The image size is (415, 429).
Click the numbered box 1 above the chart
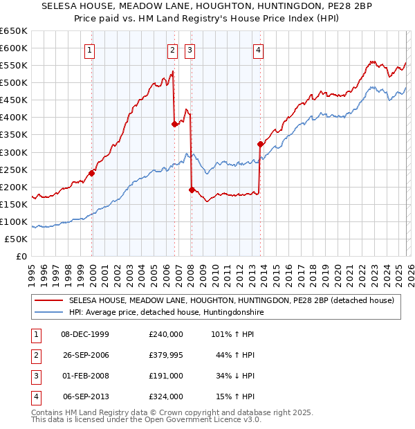click(91, 49)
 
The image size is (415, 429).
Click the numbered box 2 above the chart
click(171, 49)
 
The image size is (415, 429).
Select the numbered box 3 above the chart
click(189, 49)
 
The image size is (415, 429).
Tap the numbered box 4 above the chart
click(257, 49)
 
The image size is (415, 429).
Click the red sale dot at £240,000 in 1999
click(92, 173)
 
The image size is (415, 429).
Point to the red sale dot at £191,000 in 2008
click(191, 190)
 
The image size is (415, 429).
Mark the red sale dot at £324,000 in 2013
click(260, 144)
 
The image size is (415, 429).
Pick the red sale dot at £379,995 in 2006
click(174, 124)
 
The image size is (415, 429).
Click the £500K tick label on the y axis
click(15, 83)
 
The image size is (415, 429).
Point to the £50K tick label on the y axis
click(17, 239)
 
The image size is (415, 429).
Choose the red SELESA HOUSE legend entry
click(231, 301)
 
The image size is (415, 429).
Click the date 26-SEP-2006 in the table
click(86, 356)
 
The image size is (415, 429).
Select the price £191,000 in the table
click(166, 376)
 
